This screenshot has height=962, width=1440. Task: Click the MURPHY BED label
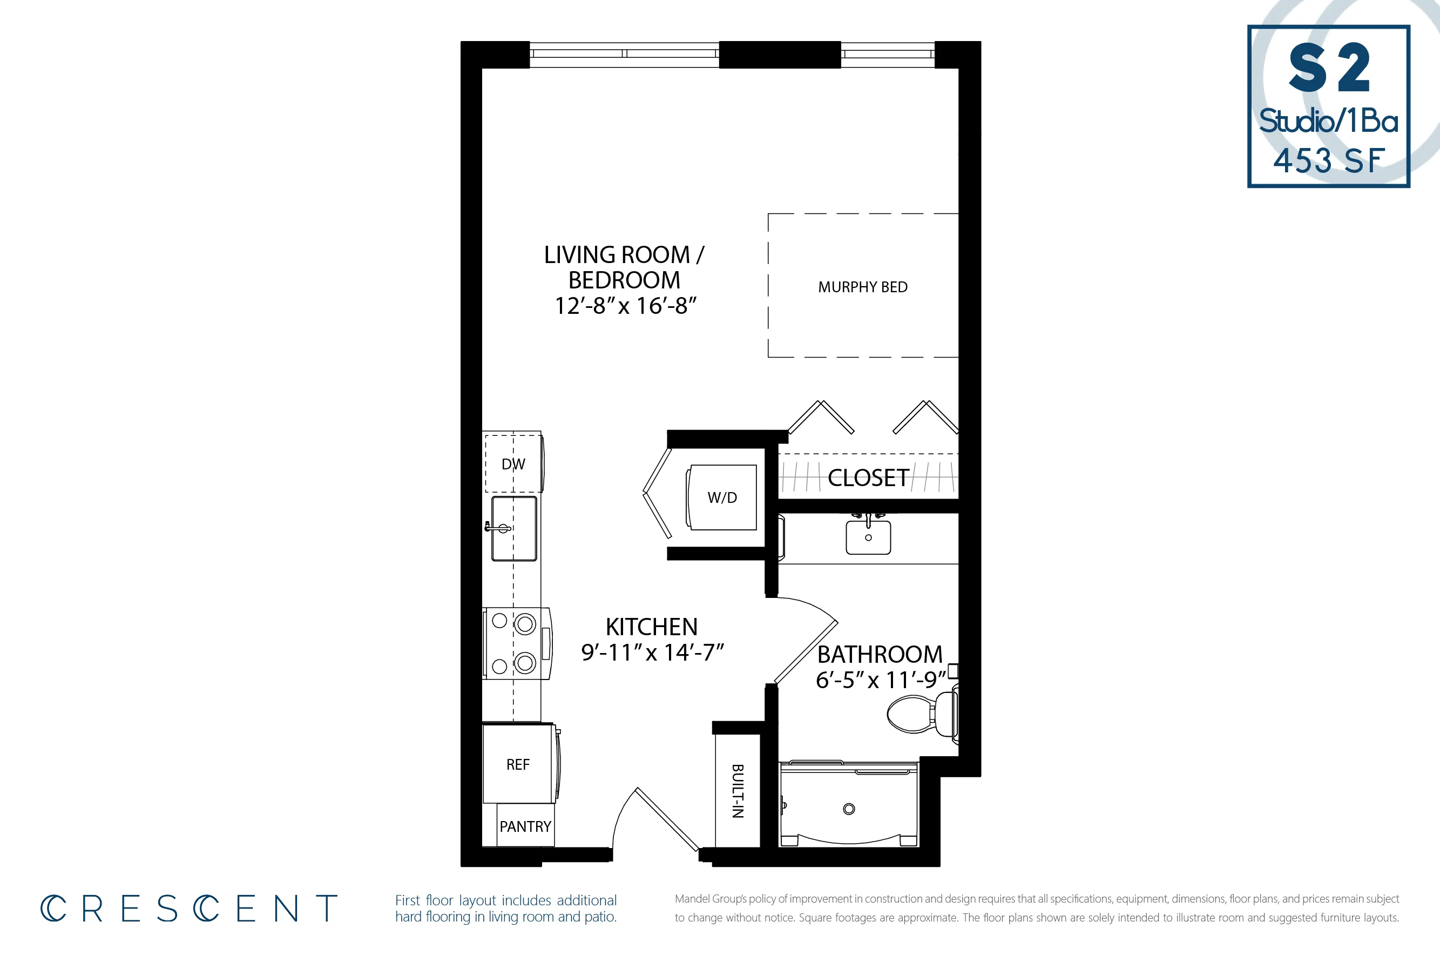(862, 287)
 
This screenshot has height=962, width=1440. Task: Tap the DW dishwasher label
(513, 465)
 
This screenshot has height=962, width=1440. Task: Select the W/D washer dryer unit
(722, 497)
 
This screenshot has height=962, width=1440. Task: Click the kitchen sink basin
(515, 529)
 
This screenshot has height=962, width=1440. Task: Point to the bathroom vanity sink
(868, 537)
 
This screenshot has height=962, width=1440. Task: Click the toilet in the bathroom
(920, 714)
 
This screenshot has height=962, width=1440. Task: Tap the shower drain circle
(849, 809)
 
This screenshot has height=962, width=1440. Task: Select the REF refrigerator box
(518, 764)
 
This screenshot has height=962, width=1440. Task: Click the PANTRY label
(525, 826)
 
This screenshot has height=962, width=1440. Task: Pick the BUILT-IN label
(738, 791)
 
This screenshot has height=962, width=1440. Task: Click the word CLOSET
(868, 478)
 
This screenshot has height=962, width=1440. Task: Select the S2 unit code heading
(1329, 68)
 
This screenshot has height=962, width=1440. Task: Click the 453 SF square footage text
(1329, 161)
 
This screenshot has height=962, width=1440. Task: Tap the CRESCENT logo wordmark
(189, 909)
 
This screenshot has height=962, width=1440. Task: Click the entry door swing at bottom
(656, 819)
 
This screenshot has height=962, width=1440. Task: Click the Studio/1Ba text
(1329, 121)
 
